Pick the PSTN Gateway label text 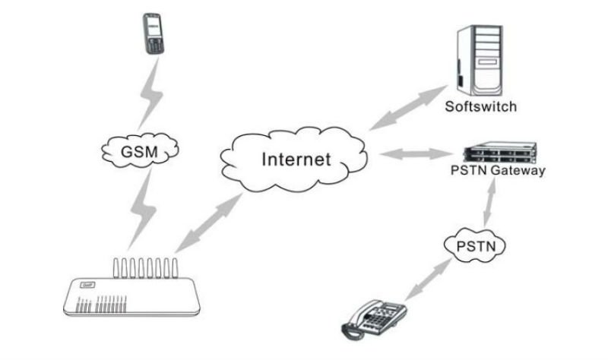496,171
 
